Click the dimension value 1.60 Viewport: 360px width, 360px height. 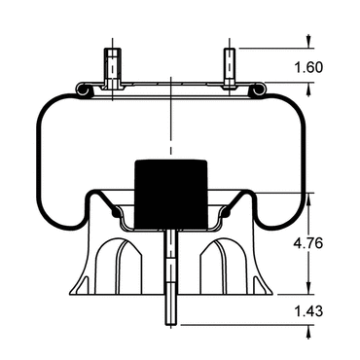(x=308, y=67)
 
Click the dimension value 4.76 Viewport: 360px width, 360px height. (x=308, y=243)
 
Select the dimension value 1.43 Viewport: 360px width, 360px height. (x=308, y=311)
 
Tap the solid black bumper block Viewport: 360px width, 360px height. (x=171, y=194)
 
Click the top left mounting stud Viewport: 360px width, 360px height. (x=112, y=69)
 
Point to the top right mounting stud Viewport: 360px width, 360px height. (x=230, y=68)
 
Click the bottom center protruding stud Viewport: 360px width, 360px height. (x=171, y=276)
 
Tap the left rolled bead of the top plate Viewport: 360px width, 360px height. (x=84, y=90)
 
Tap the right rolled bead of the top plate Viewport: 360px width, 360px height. (x=258, y=90)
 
